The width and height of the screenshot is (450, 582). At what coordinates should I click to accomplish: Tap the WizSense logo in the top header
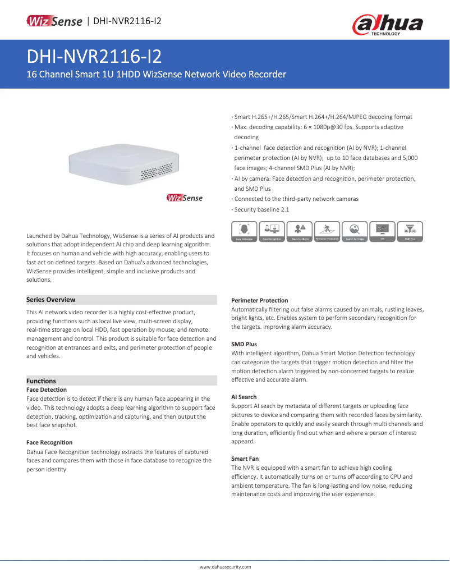point(54,21)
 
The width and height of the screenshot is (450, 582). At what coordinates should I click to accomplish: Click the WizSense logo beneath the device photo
point(185,198)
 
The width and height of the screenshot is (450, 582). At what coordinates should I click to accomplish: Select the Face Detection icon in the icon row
point(244,231)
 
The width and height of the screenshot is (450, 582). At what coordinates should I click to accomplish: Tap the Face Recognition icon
point(272,231)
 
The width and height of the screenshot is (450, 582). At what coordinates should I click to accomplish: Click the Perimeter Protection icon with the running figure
point(327,231)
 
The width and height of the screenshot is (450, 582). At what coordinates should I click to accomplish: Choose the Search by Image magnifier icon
point(354,231)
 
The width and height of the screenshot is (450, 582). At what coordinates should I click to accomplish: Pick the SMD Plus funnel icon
point(410,231)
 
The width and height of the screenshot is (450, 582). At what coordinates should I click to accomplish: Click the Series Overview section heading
point(51,300)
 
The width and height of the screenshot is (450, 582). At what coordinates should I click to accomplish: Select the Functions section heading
point(42,381)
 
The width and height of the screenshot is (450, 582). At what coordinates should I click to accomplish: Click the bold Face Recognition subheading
point(49,442)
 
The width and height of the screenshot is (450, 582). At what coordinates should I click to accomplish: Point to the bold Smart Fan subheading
point(245,459)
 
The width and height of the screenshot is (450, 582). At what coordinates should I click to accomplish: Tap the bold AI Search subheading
point(244,397)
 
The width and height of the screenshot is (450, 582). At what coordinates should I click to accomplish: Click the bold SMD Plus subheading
point(244,344)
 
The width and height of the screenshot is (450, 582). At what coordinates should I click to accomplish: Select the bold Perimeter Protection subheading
point(260,300)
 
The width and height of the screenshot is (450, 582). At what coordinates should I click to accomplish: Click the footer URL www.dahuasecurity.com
point(225,567)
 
